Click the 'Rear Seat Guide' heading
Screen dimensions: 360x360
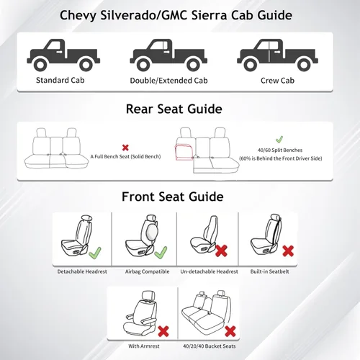[x=174, y=109]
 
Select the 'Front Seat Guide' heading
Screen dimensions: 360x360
[x=172, y=196]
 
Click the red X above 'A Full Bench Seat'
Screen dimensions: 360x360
[x=125, y=146]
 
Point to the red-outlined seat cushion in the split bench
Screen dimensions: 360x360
[x=182, y=153]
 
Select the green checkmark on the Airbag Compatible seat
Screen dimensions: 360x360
[x=160, y=252]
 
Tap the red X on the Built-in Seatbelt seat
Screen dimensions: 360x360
[x=287, y=251]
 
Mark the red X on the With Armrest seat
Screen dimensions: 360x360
[x=163, y=332]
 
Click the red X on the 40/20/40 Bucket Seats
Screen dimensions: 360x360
[x=228, y=332]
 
